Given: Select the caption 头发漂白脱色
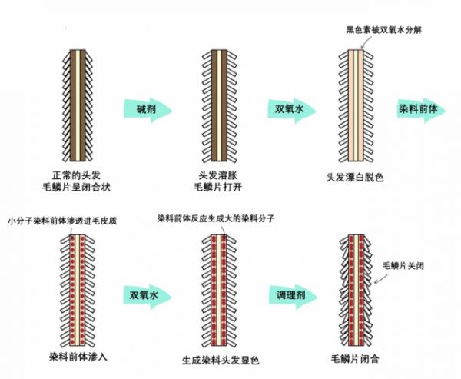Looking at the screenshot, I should pyautogui.click(x=354, y=177).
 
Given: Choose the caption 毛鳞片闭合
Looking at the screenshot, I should pyautogui.click(x=355, y=357).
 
